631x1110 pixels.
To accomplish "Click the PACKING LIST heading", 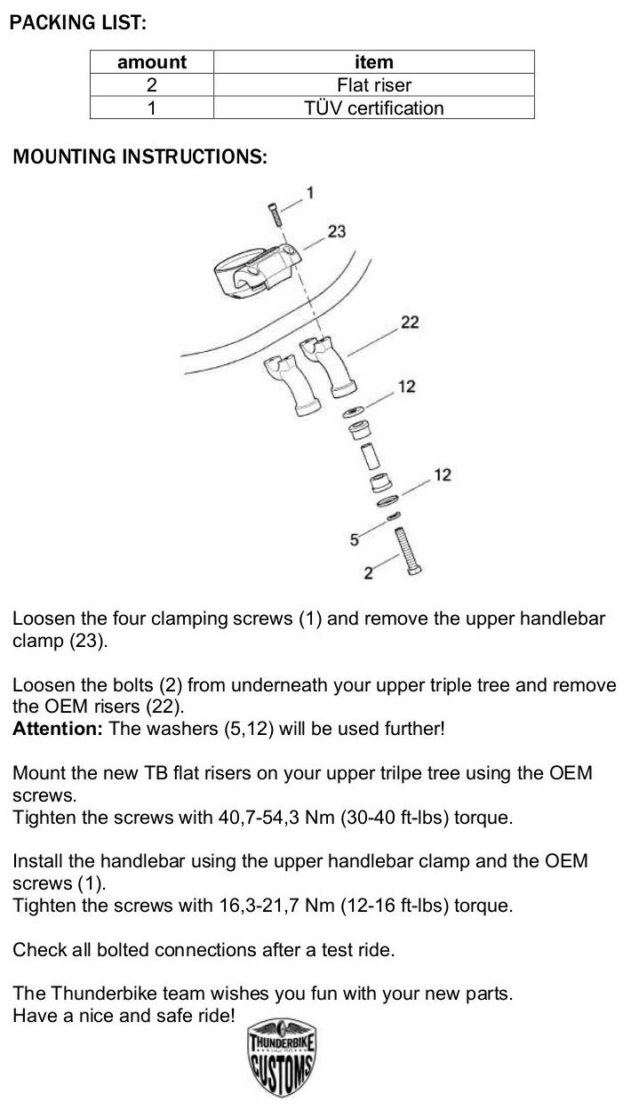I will tap(77, 24).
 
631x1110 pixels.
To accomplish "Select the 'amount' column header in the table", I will tap(152, 62).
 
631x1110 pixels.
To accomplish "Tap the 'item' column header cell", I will tap(373, 62).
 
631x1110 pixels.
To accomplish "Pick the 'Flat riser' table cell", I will tap(373, 85).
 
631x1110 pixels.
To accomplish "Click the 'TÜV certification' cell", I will tap(373, 108).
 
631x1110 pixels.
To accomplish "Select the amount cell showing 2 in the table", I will tap(152, 85).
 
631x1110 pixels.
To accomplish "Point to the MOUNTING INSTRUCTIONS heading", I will tap(140, 157).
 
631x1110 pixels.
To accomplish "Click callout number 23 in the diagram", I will tap(337, 231).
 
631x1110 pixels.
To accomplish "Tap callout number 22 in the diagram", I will tap(410, 322).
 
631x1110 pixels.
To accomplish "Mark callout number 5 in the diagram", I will tap(354, 539).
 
